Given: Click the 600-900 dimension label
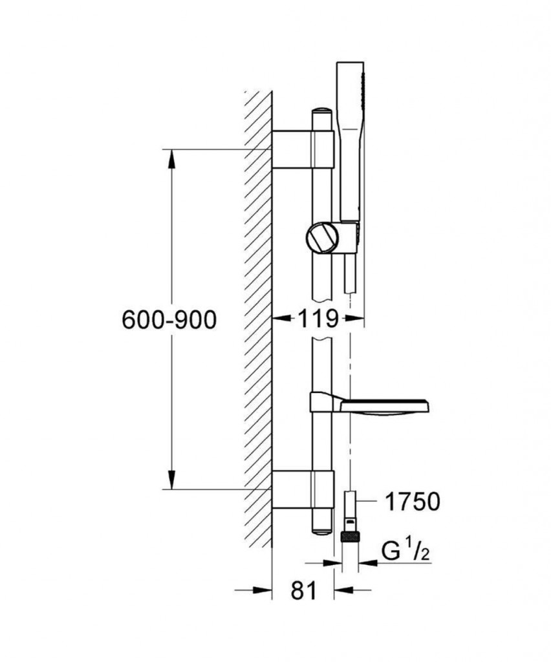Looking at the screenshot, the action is (x=169, y=319).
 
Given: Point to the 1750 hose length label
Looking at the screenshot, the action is (x=413, y=502).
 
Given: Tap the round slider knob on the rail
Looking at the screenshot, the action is (x=323, y=238).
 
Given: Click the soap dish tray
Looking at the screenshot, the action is (x=385, y=406).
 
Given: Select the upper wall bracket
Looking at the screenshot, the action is (x=303, y=149).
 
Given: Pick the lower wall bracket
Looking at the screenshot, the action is (x=303, y=489).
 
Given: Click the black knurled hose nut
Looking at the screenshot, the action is (x=350, y=537).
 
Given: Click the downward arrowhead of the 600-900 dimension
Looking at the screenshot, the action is (x=171, y=480).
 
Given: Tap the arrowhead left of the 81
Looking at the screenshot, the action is (x=262, y=590).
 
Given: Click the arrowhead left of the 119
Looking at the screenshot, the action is (x=281, y=319).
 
